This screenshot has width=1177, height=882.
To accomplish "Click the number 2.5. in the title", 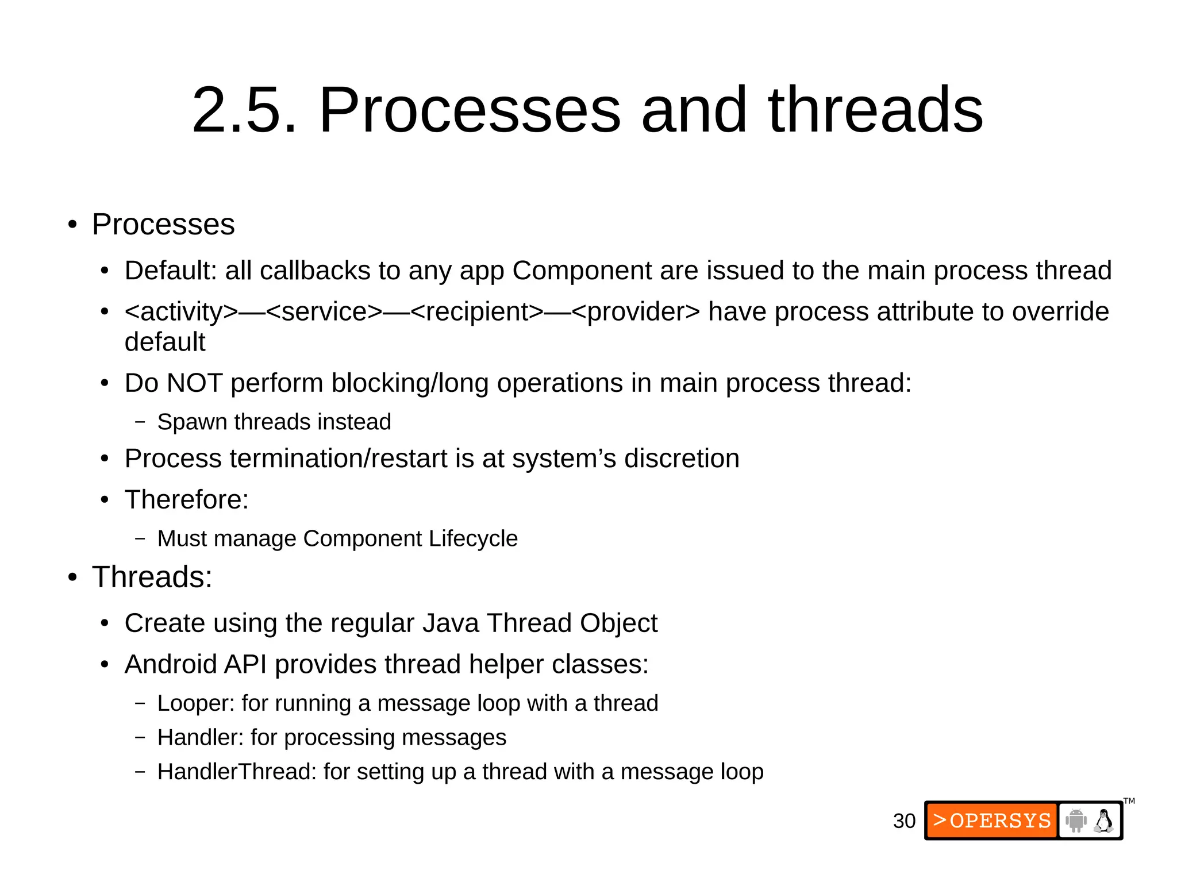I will pos(244,110).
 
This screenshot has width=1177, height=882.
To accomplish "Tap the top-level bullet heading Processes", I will pos(163,224).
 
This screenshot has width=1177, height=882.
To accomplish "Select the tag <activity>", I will pos(181,312).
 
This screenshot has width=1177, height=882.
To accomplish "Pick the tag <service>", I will pos(324,312).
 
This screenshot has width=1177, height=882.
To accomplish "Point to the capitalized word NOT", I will pos(194,383).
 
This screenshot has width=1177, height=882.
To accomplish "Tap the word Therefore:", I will pos(187,499).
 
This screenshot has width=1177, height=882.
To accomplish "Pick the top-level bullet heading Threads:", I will pos(152,577).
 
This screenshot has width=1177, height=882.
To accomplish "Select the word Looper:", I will pos(196,704).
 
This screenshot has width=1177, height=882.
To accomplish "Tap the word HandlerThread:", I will pos(237,772).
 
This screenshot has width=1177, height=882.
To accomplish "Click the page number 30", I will pos(903,821).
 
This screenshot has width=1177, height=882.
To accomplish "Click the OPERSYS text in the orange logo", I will pos(1000,821).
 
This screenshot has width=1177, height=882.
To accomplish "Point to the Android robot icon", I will pos(1075,821).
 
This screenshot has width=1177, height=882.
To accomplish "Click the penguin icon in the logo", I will pos(1103,821).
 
